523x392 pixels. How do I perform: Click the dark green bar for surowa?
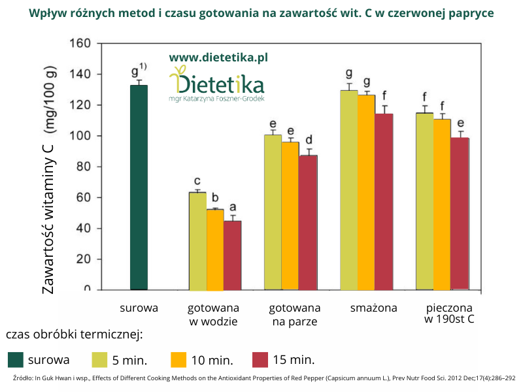pyautogui.click(x=139, y=188)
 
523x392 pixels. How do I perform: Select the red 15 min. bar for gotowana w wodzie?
pyautogui.click(x=232, y=255)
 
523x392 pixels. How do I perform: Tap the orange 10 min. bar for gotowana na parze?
pyautogui.click(x=290, y=216)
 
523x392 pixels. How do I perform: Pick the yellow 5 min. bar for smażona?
pyautogui.click(x=349, y=190)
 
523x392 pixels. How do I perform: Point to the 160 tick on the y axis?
pyautogui.click(x=83, y=44)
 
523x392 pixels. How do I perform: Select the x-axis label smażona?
pyautogui.click(x=373, y=308)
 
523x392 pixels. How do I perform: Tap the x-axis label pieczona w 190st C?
pyautogui.click(x=448, y=314)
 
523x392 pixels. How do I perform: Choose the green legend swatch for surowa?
pyautogui.click(x=16, y=359)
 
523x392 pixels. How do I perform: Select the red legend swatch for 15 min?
pyautogui.click(x=260, y=359)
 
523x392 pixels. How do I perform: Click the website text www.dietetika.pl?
pyautogui.click(x=218, y=57)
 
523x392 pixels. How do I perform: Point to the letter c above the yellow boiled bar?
pyautogui.click(x=197, y=182)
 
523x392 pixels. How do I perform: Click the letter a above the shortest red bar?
pyautogui.click(x=232, y=210)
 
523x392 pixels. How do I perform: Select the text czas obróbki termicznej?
pyautogui.click(x=74, y=335)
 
